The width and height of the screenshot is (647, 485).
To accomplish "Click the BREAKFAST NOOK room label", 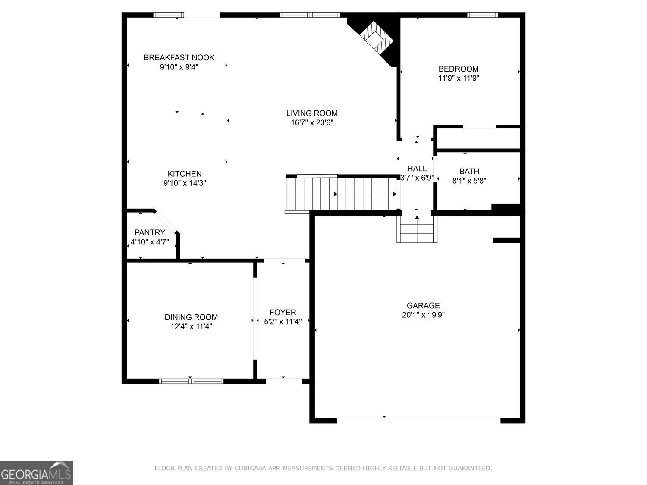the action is coord(179,57).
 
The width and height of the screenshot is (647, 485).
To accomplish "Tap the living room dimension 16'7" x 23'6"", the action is coord(312,122).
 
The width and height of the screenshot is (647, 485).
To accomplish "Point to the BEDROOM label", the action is coord(459,69).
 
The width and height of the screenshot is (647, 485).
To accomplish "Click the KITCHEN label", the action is coord(185,174).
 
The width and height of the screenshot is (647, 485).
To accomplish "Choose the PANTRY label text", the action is coord(150,233).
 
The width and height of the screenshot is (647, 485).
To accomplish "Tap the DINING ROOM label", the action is coord(191,317).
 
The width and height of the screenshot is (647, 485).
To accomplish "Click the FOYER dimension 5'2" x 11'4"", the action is coord(283,322).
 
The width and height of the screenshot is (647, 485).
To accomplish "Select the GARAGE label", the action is coord(423,305).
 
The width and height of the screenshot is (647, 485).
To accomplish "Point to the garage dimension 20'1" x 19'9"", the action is coord(423,315).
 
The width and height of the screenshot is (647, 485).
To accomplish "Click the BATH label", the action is coord(469,171).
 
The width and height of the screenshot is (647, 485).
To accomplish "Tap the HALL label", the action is coord(417,169).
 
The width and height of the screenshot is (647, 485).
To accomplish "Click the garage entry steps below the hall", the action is coord(417,229).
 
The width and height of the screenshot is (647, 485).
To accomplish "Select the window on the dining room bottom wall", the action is coord(192,381).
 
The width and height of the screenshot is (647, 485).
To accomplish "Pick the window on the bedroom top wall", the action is coord(482,15).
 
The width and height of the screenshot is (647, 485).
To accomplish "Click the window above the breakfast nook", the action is coord(169,15).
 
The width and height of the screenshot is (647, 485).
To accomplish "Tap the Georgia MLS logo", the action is coord(36,472).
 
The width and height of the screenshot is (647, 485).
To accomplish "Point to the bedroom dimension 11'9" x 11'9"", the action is coord(459,78).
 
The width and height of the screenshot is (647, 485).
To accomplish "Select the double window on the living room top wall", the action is coord(310,15).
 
